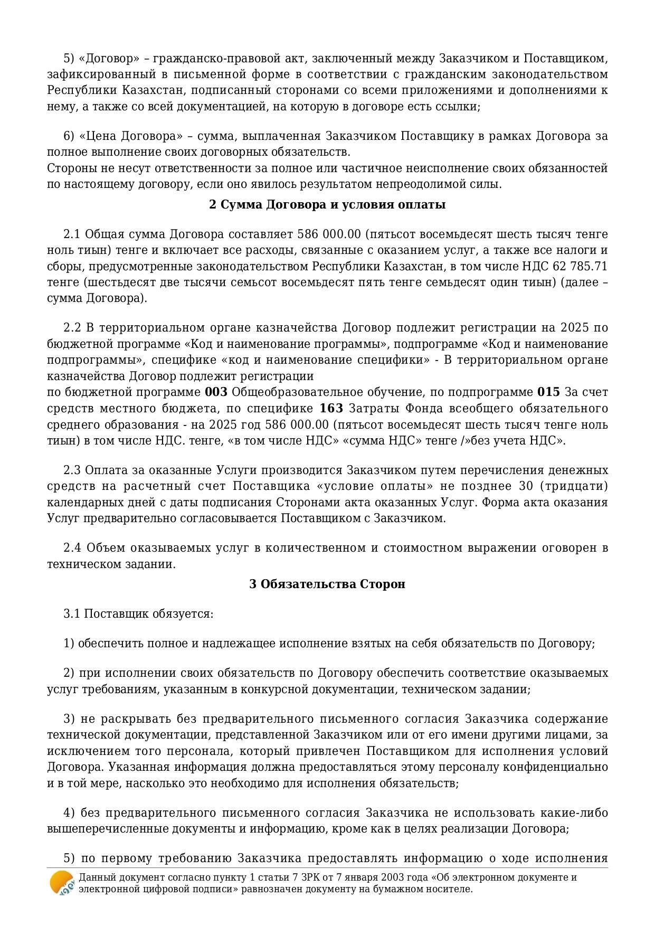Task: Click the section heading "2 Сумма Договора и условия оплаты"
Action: coord(327,205)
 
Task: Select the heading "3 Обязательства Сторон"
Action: coord(327,584)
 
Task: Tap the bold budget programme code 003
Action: coord(216,392)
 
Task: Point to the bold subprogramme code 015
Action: coord(548,392)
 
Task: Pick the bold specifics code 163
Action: coord(331,409)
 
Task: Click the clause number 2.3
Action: coord(72,470)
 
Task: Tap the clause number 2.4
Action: coord(72,547)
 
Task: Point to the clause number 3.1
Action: coord(72,614)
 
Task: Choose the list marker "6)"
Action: coord(69,136)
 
